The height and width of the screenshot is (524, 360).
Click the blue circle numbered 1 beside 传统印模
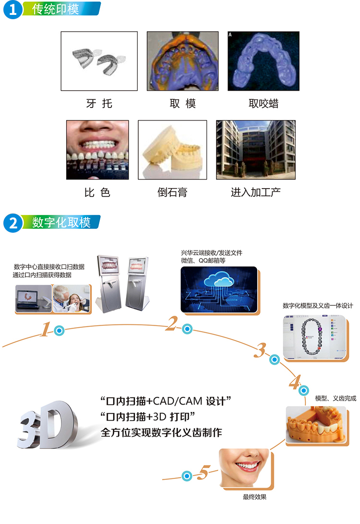12,10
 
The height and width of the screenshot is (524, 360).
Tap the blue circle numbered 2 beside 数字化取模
12,223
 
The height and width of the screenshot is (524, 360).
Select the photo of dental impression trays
99,61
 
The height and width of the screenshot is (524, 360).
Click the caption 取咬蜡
264,104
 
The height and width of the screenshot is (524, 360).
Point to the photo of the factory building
255,149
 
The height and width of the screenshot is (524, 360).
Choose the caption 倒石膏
172,193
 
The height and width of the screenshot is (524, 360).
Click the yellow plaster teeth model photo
172,150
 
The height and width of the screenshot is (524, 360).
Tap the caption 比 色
97,193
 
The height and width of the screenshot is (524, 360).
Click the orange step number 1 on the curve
46,330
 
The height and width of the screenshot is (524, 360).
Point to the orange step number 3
260,351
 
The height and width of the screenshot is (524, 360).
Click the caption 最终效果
254,498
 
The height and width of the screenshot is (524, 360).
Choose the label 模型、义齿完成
336,398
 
